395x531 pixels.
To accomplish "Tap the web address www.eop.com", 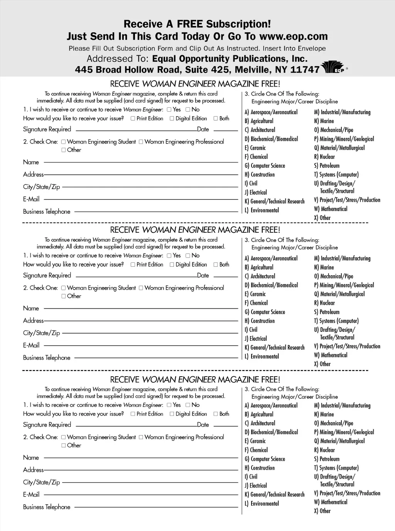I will (293, 36).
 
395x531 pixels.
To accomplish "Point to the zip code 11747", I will (305, 70).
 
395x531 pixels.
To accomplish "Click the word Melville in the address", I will (252, 70).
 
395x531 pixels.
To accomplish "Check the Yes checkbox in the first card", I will (169, 110).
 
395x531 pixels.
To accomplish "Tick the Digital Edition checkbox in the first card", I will (172, 118).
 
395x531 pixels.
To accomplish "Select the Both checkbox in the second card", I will (216, 265).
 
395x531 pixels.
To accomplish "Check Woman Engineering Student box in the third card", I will (64, 437).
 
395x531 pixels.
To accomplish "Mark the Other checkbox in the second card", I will (64, 296).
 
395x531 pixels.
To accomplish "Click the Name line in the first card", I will (141, 162).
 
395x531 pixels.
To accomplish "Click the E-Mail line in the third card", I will (141, 495).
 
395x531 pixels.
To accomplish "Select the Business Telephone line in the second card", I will (156, 358).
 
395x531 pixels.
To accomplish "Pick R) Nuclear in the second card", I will (324, 303).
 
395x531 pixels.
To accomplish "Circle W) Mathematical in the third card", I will (331, 502).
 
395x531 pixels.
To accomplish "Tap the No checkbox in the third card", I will (188, 405).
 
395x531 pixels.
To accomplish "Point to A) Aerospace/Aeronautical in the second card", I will (271, 258).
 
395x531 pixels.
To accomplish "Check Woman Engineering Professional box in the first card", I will (141, 142).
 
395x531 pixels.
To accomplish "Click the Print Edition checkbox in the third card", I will (133, 414).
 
